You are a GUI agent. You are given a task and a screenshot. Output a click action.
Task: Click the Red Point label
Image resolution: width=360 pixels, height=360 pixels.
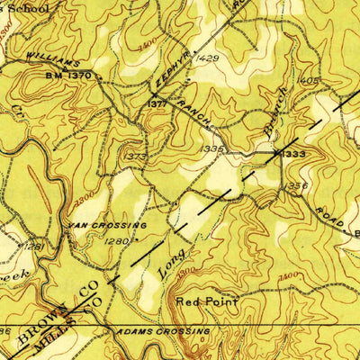[x=207, y=303]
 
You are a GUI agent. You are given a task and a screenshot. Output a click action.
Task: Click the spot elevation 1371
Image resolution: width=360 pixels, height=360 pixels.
[x=156, y=105]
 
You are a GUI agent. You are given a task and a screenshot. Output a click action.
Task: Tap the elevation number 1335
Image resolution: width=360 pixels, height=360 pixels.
[x=211, y=148]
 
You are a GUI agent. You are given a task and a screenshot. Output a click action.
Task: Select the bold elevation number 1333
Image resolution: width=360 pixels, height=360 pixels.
[x=294, y=155]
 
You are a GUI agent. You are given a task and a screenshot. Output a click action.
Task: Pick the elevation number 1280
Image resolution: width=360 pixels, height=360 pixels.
[x=117, y=241]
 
